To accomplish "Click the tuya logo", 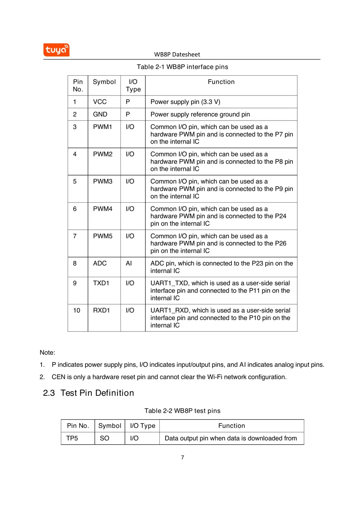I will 56,50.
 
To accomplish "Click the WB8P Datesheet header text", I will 177,54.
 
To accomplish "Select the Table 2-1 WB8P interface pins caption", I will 182,67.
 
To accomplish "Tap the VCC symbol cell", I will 100,102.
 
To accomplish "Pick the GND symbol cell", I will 100,114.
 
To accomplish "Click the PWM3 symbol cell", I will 103,181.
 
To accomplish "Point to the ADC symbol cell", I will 100,263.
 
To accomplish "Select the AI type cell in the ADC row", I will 129,263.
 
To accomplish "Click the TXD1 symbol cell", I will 101,283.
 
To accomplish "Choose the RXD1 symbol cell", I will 101,310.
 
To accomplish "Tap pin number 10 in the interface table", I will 76,310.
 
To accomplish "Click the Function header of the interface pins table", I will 221,82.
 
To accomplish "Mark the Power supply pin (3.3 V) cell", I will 185,102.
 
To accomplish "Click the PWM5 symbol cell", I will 103,236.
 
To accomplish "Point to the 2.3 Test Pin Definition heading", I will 89,393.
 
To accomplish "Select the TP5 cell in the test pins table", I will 72,438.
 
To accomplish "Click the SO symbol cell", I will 105,438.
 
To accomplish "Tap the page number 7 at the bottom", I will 183,457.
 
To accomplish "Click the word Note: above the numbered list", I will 47,352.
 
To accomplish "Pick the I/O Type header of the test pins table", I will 143,426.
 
